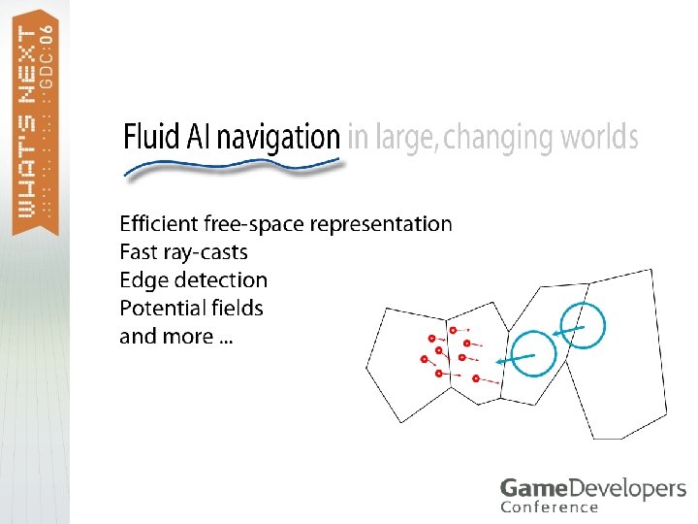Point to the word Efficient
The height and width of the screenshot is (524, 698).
158,224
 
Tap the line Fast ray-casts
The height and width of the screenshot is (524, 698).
183,252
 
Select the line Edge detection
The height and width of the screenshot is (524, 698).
193,280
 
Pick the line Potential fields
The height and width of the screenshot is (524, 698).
191,309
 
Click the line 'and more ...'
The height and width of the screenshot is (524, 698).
174,337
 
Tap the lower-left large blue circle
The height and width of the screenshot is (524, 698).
533,354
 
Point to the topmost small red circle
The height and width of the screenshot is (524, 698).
454,331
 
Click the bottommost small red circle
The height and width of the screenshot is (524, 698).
476,377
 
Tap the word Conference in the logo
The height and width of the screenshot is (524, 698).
550,507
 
